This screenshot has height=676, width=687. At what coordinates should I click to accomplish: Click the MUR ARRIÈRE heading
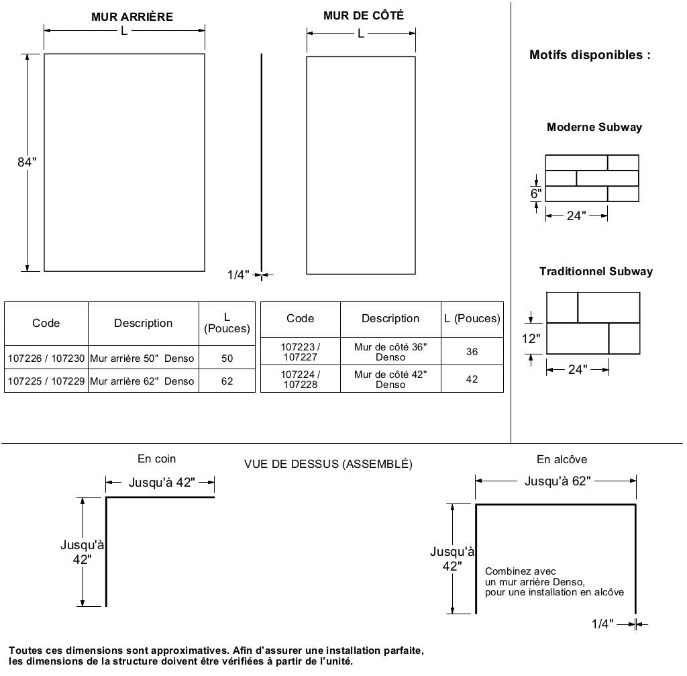(131, 17)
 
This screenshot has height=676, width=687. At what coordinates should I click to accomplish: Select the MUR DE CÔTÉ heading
(364, 15)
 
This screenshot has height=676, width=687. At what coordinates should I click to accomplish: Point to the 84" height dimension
(27, 162)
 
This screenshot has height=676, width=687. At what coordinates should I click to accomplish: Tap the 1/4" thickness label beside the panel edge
(238, 275)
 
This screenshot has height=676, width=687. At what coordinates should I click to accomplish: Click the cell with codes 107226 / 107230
(46, 358)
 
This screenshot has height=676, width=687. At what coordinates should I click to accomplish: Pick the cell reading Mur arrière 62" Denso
(142, 381)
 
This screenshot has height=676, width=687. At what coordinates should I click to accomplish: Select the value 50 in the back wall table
(227, 358)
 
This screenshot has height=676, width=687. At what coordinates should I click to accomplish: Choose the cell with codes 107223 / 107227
(300, 352)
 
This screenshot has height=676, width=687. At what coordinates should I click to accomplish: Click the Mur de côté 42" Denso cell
(390, 379)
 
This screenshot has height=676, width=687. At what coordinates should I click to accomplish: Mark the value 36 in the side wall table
(472, 352)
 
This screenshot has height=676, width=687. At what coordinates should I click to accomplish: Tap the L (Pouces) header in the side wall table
(472, 319)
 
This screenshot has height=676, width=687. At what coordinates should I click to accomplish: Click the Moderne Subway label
(594, 127)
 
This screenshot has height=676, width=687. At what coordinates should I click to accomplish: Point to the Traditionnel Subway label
(596, 272)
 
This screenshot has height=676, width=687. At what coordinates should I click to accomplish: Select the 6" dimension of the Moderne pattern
(536, 193)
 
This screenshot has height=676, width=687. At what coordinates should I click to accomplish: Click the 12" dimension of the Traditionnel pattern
(531, 338)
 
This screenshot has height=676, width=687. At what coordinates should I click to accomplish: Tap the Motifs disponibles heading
(590, 55)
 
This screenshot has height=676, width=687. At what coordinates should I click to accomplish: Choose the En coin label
(156, 459)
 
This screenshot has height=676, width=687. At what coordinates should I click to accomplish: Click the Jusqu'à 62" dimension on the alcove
(558, 481)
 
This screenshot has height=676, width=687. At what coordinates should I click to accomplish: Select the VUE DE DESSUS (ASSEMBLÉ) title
(328, 464)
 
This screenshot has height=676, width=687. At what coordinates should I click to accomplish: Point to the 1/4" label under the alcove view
(602, 624)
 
